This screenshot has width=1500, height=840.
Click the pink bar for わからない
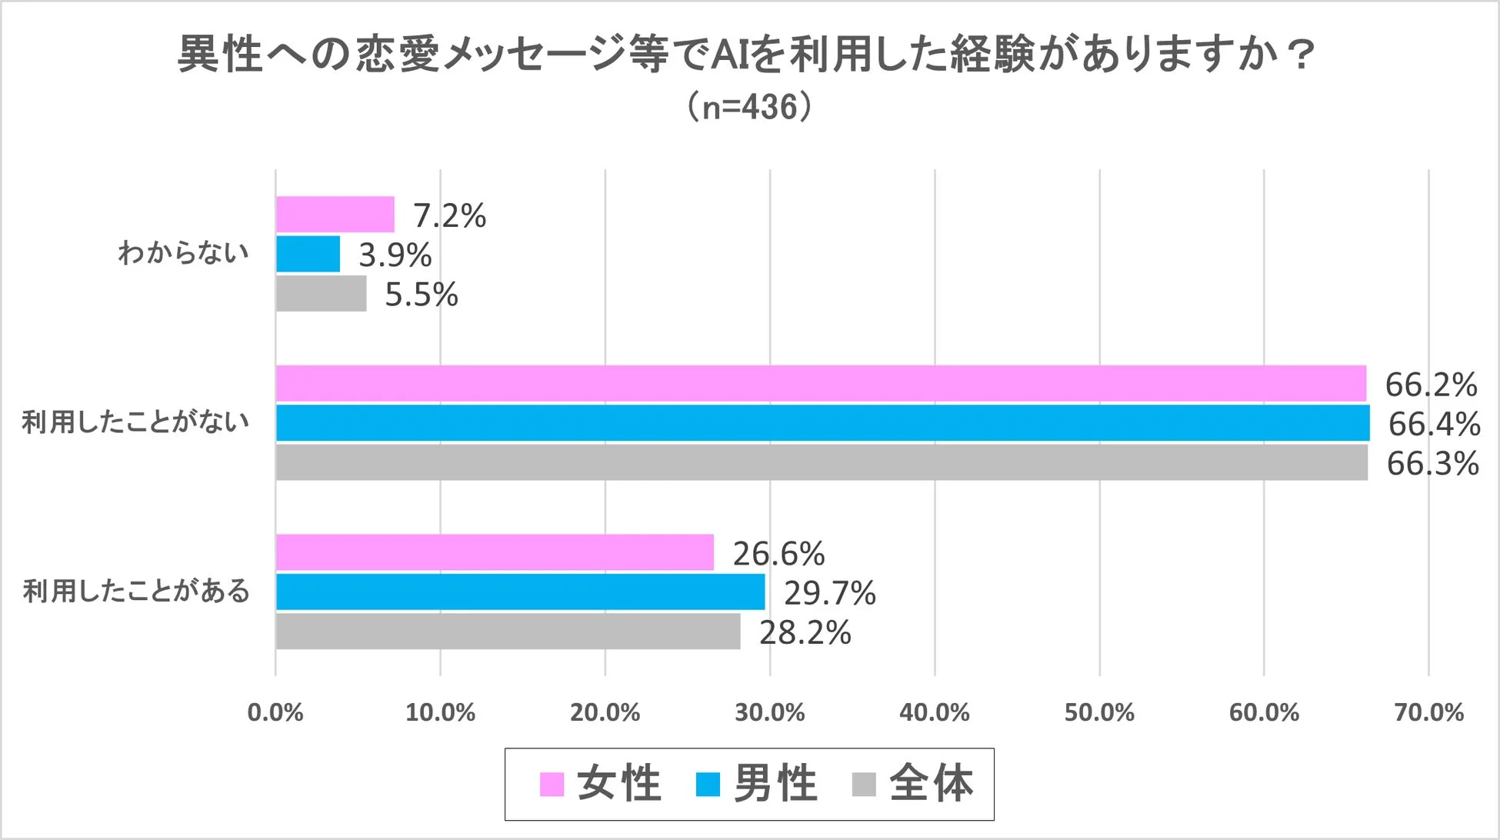(335, 215)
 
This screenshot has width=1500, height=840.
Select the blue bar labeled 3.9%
(308, 254)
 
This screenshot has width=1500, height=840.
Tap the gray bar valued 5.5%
(322, 294)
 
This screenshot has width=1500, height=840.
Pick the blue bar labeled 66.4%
(822, 423)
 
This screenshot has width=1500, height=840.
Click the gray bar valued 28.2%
(508, 632)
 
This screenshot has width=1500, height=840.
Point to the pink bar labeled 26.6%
(495, 552)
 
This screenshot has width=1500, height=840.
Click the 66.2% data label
(1430, 385)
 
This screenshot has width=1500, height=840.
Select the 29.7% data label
(829, 593)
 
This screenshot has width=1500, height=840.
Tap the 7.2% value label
(449, 215)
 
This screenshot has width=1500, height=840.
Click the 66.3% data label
(1432, 464)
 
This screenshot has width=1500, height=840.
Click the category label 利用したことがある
(136, 591)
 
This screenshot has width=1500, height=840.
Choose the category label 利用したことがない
(135, 422)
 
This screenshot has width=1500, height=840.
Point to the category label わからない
(183, 252)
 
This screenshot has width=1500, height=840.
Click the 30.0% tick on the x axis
(769, 712)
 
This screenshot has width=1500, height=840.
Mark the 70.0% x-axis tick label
(1428, 712)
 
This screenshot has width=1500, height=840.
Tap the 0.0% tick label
(275, 712)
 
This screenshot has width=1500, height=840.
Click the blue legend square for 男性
(708, 785)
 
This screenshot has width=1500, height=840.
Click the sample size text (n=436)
(749, 107)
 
